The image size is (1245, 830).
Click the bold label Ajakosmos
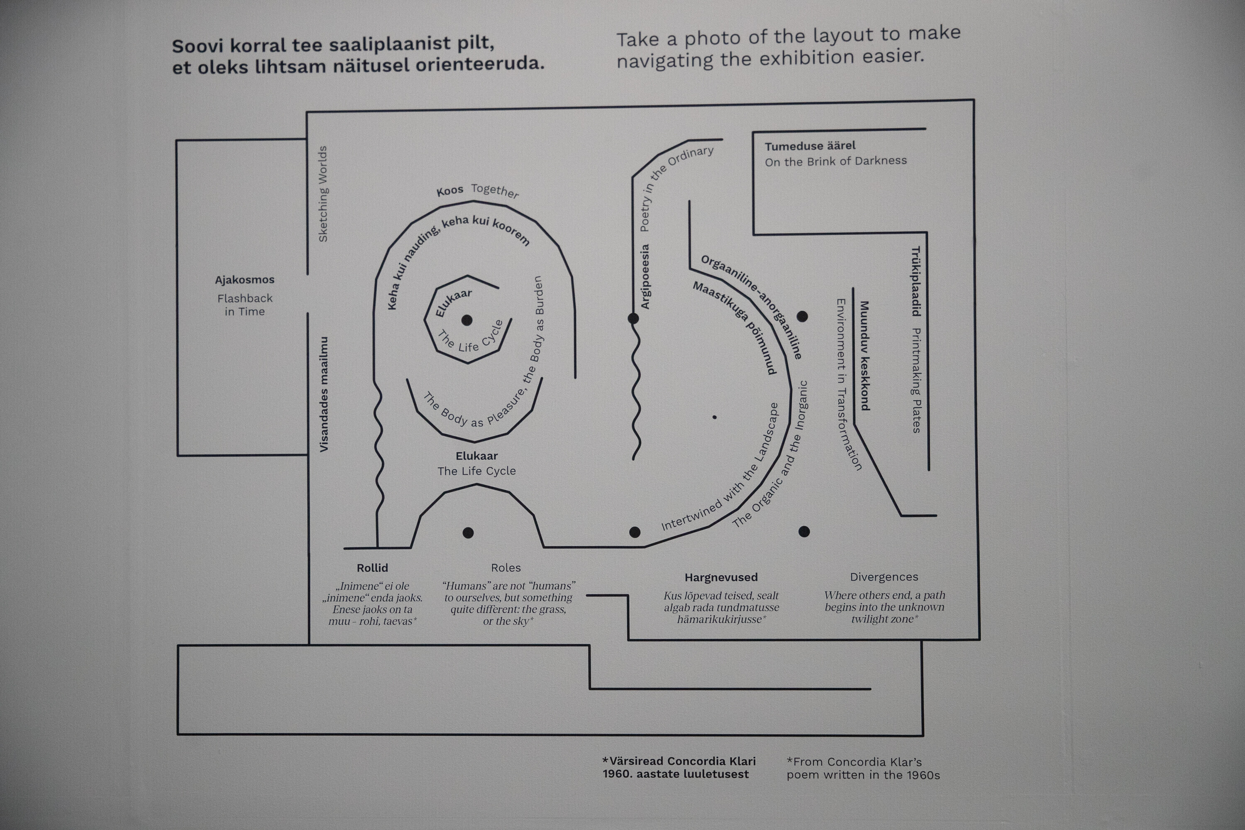pyautogui.click(x=244, y=279)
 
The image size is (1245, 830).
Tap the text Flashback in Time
pyautogui.click(x=244, y=305)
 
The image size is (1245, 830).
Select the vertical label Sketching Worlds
pyautogui.click(x=322, y=194)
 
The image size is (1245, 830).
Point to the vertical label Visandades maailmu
pyautogui.click(x=323, y=394)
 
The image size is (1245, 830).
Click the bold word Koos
pyautogui.click(x=449, y=190)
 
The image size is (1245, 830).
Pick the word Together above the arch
pyautogui.click(x=495, y=190)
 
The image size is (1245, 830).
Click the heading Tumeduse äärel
pyautogui.click(x=810, y=146)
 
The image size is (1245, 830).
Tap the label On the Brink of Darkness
pyautogui.click(x=836, y=161)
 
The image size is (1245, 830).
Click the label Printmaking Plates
pyautogui.click(x=916, y=381)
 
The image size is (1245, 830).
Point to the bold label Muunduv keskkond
pyautogui.click(x=864, y=356)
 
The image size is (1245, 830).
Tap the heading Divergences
pyautogui.click(x=884, y=577)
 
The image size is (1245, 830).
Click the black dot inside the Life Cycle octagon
pyautogui.click(x=467, y=320)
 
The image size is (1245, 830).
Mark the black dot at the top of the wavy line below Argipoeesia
pyautogui.click(x=633, y=318)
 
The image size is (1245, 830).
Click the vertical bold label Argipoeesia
pyautogui.click(x=645, y=276)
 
